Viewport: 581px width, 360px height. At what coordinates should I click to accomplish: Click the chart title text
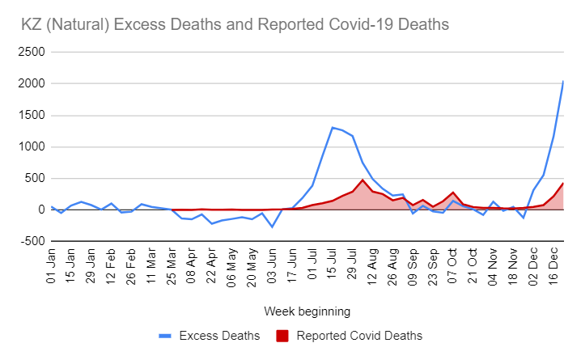[235, 25]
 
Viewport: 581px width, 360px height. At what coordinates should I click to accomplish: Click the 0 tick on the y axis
[40, 210]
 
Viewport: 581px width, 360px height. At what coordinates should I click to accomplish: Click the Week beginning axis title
[306, 311]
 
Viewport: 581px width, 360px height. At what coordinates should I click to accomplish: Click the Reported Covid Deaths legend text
[359, 335]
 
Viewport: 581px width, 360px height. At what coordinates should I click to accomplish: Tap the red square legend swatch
[283, 335]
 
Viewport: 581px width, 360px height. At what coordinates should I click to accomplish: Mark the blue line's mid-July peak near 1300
[333, 127]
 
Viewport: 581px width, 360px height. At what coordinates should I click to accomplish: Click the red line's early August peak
[363, 180]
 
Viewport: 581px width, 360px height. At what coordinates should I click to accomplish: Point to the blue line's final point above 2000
[563, 81]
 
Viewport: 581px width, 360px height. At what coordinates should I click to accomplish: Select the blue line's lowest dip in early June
[272, 227]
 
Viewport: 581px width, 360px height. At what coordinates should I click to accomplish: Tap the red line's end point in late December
[563, 183]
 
